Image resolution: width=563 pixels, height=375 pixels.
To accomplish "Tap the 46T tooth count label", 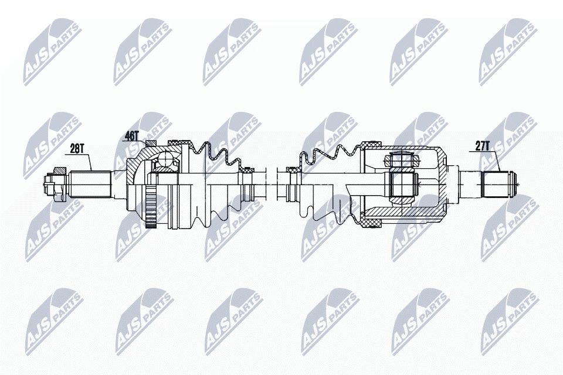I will pos(131,136).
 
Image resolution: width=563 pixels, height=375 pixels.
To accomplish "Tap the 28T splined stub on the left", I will pos(91,183).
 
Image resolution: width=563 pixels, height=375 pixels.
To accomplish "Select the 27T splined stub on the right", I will pos(496,183).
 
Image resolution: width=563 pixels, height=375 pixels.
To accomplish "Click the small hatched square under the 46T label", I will pos(151,144).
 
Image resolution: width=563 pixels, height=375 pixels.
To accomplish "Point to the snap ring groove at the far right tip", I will pos(513,183).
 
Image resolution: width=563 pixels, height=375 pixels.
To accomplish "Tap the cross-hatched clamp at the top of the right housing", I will pos(371,144).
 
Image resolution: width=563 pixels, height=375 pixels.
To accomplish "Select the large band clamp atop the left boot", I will pos(178,142).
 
